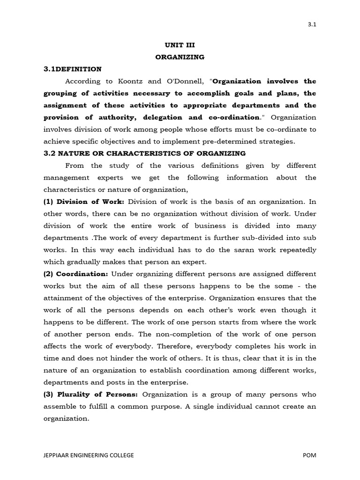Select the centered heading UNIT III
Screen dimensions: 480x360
pyautogui.click(x=180, y=45)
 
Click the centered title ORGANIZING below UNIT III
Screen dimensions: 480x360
pyautogui.click(x=180, y=57)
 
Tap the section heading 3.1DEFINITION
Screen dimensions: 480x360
pyautogui.click(x=72, y=69)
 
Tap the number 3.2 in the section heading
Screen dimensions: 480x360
pyautogui.click(x=50, y=153)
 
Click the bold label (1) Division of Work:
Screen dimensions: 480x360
pyautogui.click(x=83, y=202)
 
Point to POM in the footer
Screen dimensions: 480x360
pyautogui.click(x=309, y=455)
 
